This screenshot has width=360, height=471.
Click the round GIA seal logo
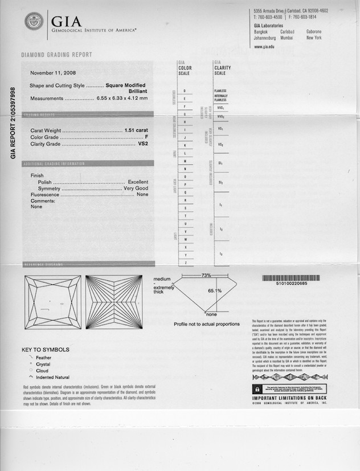coord(34,22)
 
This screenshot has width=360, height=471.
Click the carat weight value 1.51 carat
coord(136,130)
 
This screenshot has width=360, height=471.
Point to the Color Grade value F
coord(146,137)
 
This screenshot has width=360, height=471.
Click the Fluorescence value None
coord(142,194)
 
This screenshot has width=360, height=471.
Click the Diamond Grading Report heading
coord(56,55)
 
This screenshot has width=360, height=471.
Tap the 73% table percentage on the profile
coord(206,276)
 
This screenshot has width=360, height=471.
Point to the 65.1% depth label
coord(215,290)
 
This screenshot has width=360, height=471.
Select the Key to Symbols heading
coord(46,350)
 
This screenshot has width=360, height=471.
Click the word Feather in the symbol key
coord(43,358)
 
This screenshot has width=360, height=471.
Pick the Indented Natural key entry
coord(52,377)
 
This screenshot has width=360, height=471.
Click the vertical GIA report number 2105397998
coord(13,122)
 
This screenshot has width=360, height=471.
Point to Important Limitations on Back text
coord(290,398)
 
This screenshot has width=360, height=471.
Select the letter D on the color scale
coord(185,91)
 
